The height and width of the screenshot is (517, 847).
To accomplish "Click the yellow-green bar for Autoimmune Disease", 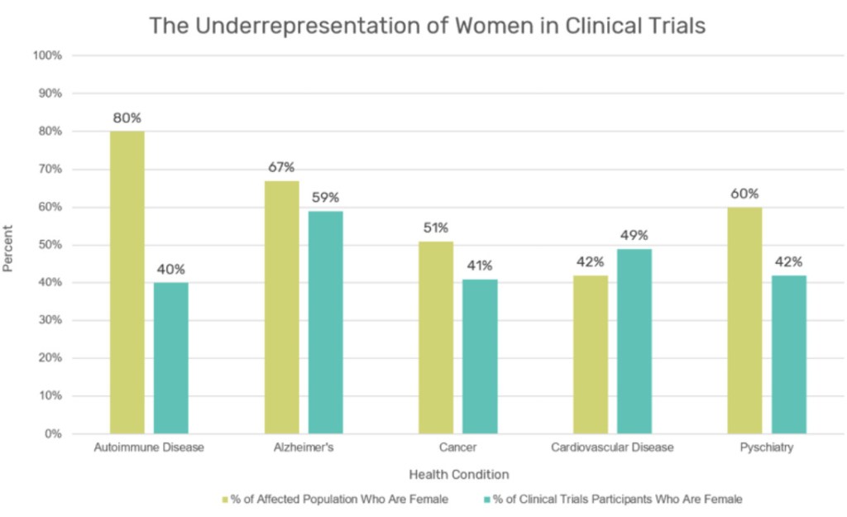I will (x=127, y=282).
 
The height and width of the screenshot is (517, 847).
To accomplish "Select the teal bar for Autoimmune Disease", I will (x=171, y=357).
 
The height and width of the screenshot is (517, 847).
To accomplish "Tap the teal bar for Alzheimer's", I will (x=326, y=322).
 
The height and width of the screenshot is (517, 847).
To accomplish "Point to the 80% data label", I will (x=127, y=117).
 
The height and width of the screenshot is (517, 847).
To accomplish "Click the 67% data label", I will (x=282, y=167).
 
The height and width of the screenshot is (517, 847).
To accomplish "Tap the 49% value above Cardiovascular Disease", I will (x=634, y=235).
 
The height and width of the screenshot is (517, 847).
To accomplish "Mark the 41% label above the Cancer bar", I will (x=480, y=266).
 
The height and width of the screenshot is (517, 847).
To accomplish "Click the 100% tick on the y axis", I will (x=47, y=55).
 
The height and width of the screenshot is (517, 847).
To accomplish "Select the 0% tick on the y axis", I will (x=53, y=433).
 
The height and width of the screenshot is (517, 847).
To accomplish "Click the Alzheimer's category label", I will (x=304, y=448).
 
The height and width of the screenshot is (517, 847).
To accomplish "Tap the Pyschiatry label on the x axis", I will (x=767, y=448).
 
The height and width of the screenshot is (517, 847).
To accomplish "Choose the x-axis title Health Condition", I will (x=458, y=474).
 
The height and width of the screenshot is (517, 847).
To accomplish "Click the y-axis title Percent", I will (x=8, y=248).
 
